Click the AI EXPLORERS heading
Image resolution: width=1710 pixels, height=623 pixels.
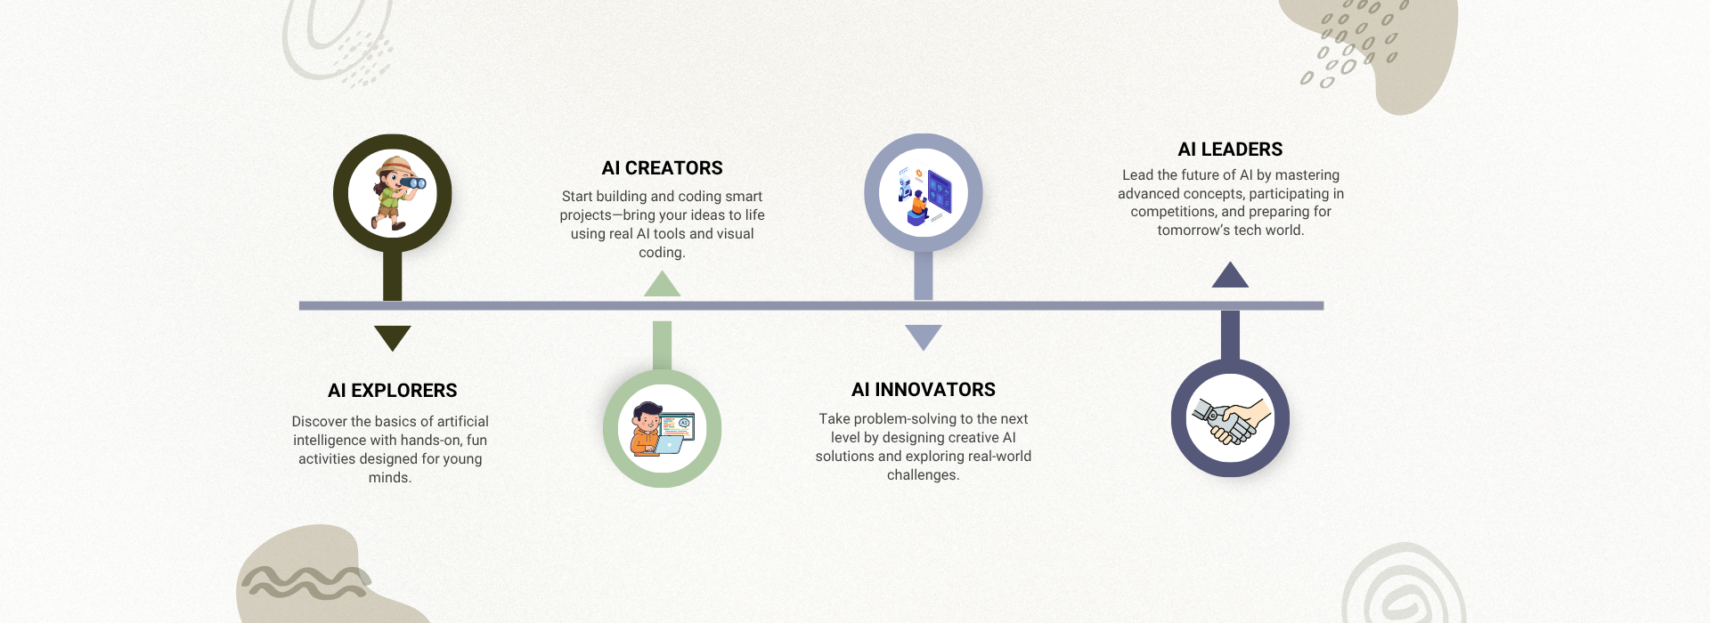392,391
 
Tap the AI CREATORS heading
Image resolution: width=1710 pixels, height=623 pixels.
662,168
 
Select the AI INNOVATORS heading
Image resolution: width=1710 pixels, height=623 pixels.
924,390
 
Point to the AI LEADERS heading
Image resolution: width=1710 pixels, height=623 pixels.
1230,150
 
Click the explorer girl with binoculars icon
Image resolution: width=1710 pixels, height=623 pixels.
395,193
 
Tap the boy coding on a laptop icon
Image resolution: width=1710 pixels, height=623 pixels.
662,429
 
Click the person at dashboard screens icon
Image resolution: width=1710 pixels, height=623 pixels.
924,193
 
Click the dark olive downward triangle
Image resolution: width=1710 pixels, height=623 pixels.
392,338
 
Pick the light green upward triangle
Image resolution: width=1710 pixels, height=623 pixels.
662,284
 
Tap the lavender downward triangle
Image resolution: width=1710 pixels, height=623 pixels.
924,337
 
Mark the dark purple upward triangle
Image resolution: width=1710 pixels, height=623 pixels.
1230,275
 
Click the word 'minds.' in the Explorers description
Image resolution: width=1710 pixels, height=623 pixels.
390,478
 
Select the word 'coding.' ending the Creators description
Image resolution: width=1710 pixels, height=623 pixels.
662,253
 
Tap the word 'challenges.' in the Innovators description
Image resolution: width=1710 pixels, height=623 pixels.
924,475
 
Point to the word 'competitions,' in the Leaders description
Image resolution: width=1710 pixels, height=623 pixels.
1174,212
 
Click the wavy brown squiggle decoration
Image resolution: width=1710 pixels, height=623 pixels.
305,582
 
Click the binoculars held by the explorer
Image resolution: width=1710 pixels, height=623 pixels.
413,182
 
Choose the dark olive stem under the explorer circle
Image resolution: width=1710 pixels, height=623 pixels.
392,276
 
